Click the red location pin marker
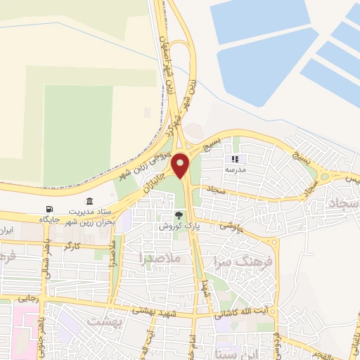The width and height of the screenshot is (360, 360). (x=181, y=165)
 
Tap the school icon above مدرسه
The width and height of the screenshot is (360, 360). (x=236, y=160)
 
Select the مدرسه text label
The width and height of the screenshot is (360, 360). (x=236, y=170)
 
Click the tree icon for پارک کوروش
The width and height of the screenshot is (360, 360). (x=179, y=216)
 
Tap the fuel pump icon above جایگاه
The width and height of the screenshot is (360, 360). (x=49, y=209)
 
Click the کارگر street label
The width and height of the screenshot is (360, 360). (x=71, y=247)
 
